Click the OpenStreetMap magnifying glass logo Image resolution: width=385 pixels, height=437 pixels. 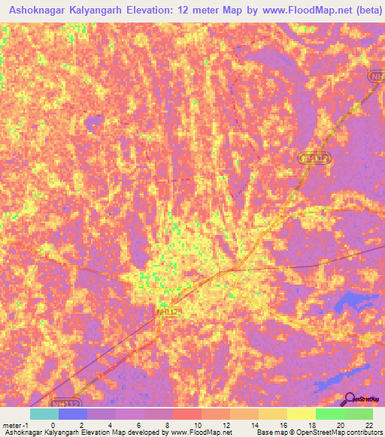[x=350, y=399]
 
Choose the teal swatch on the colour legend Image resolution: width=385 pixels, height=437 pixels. [x=44, y=413]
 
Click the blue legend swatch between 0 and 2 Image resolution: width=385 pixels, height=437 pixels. [x=73, y=413]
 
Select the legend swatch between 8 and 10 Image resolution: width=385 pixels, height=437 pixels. [x=187, y=413]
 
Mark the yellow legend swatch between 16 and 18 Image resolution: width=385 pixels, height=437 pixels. [x=301, y=413]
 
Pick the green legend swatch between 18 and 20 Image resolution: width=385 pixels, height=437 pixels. [x=329, y=413]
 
